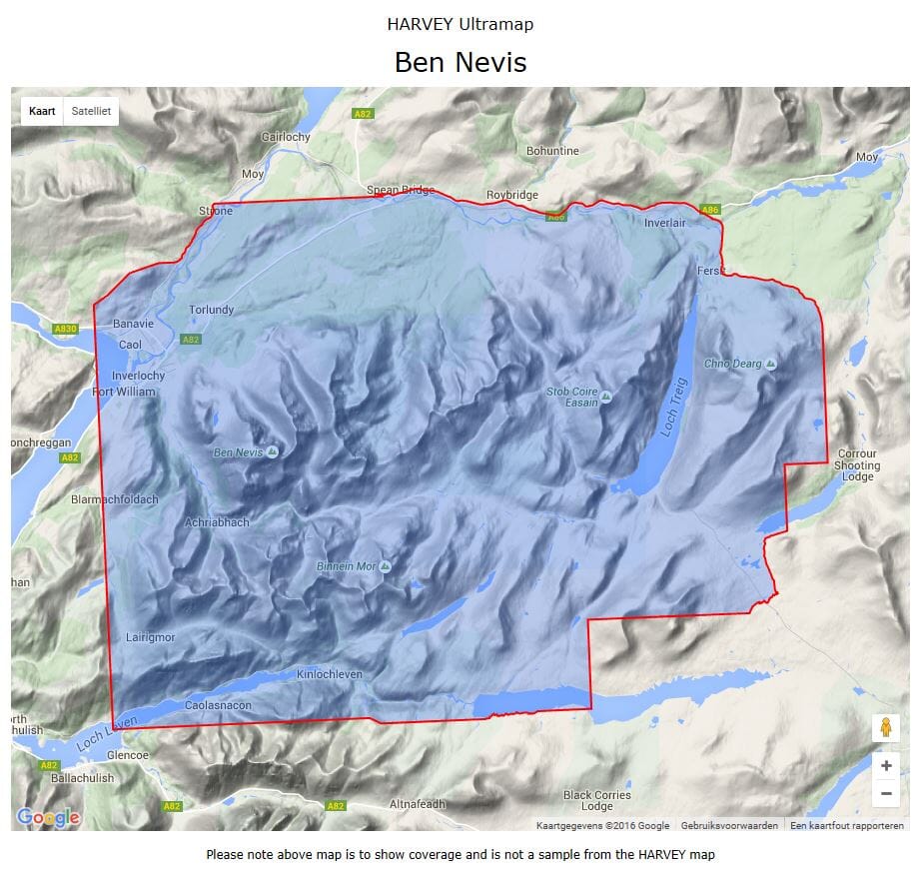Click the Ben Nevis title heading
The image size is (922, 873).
coord(461,62)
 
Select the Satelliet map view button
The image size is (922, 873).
coord(91,111)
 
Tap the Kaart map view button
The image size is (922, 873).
coord(42,111)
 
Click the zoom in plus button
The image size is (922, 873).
coord(885,766)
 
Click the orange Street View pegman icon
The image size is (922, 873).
coord(885,727)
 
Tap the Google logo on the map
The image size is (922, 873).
coord(48,817)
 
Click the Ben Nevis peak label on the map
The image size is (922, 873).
coord(239,452)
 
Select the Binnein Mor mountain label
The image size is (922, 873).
coord(347,566)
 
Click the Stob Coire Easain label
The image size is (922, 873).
coord(572,397)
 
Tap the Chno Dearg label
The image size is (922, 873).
coord(733,364)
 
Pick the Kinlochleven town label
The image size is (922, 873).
coord(330,675)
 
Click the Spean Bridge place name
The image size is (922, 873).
coord(400,190)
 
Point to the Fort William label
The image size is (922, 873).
coord(124,392)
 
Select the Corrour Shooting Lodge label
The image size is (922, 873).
coord(857,464)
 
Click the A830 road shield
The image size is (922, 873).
coord(66,329)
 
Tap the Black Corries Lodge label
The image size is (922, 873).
coord(596,801)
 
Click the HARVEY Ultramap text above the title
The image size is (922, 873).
coord(461,24)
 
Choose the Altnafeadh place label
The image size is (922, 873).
coord(414,803)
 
